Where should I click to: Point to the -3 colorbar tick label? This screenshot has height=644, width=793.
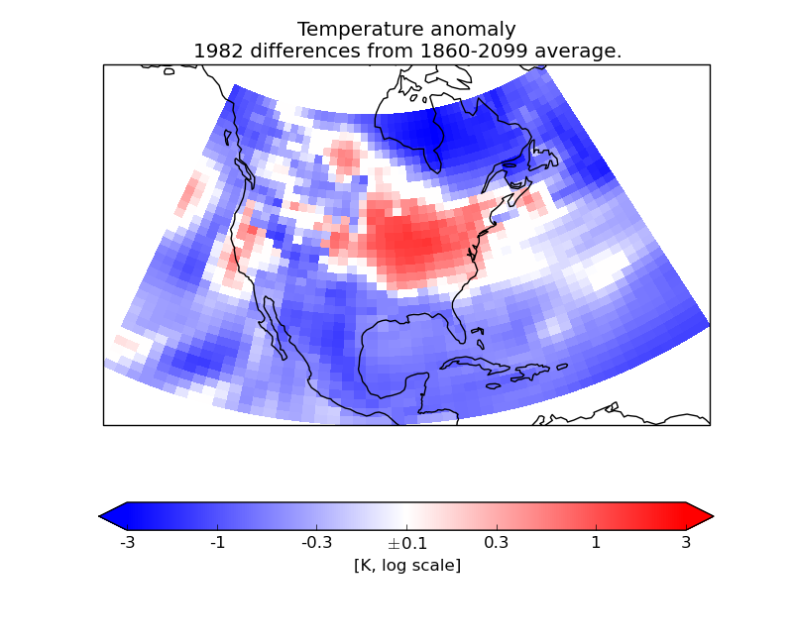coord(127,543)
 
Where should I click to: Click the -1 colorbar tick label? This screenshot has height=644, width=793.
coord(218,543)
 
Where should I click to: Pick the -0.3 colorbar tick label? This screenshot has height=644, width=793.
coord(317,543)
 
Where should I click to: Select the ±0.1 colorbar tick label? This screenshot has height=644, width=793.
coord(406,543)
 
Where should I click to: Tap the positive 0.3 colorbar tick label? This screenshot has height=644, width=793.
coord(496,543)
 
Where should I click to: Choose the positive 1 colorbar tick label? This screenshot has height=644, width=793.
coord(596,543)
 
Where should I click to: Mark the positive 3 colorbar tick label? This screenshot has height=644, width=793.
coord(686,543)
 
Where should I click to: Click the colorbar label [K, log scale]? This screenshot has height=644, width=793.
coord(406,566)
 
